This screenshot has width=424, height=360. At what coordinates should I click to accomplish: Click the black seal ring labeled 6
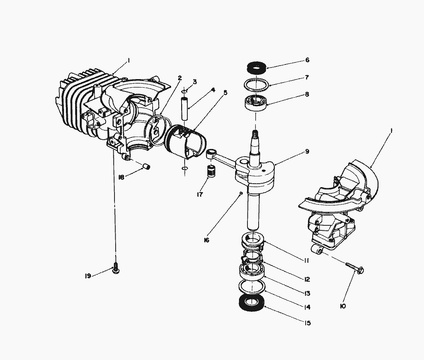click(256, 68)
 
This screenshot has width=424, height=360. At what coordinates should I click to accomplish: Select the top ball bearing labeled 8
click(256, 103)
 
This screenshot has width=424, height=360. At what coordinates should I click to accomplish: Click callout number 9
click(307, 152)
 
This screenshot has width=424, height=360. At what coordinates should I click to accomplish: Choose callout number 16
click(207, 240)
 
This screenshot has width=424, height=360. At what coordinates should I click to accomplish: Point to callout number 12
click(307, 279)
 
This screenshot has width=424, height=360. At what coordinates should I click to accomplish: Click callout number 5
click(225, 93)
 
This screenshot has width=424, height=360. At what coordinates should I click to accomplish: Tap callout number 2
click(180, 78)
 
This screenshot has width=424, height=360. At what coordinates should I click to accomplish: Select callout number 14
click(307, 307)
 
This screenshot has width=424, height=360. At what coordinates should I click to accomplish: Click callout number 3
click(194, 82)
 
